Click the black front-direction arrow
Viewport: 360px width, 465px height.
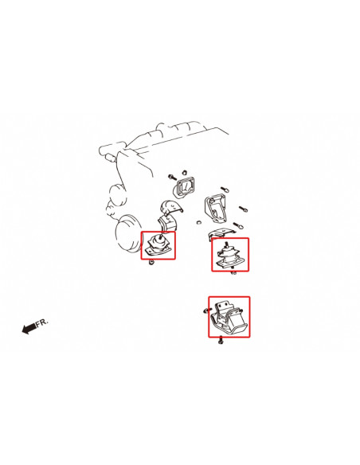[29, 328]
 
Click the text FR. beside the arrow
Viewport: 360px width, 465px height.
[41, 322]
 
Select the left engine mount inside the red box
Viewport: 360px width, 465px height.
[158, 245]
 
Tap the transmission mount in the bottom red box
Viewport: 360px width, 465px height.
[229, 318]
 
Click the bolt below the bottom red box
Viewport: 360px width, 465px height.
[221, 341]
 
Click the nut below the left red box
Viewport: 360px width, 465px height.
[152, 263]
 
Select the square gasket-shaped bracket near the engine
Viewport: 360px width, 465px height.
[183, 189]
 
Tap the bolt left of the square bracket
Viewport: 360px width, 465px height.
[172, 177]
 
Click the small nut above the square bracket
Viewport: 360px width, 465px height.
[184, 172]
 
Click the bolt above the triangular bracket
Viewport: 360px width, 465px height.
[225, 190]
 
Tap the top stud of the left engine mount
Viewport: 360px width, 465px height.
[160, 236]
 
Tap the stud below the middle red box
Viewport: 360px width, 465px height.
[233, 272]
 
